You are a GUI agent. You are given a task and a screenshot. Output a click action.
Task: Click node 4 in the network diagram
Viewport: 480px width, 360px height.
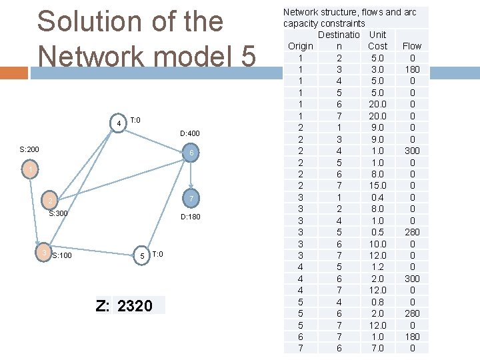tap(118, 123)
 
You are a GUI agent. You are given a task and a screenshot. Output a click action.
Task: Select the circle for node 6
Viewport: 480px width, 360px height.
tap(191, 153)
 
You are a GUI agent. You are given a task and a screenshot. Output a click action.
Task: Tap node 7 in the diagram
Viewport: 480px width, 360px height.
tap(191, 199)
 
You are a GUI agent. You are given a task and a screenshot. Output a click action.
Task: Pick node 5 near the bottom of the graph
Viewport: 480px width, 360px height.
tap(141, 256)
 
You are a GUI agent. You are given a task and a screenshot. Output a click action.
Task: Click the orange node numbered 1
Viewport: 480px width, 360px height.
tap(30, 171)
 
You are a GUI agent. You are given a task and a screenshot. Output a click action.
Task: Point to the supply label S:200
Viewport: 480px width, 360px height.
tap(29, 149)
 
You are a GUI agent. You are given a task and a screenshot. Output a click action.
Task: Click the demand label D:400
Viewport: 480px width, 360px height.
tap(190, 134)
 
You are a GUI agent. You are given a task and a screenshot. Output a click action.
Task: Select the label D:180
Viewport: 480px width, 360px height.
tap(190, 217)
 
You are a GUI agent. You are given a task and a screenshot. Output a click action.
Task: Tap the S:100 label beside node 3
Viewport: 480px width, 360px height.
tap(62, 255)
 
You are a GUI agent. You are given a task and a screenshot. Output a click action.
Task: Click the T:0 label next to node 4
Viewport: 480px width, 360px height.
tap(135, 120)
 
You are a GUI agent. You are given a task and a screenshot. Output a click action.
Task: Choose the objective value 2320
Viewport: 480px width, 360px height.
tap(135, 306)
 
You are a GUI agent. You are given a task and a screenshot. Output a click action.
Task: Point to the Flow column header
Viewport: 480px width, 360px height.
tap(412, 46)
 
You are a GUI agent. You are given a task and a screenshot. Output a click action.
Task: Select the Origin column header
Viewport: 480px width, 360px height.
tap(301, 46)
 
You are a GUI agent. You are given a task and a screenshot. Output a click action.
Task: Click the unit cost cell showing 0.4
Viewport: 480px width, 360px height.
tap(378, 197)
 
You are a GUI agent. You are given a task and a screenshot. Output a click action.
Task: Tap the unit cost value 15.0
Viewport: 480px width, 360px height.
tap(378, 185)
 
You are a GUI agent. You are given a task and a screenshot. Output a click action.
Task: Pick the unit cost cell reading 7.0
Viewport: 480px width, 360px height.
tap(378, 348)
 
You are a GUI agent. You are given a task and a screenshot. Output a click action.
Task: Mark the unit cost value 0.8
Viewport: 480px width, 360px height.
tap(378, 301)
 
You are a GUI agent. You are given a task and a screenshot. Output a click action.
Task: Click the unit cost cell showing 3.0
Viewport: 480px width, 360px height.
tap(378, 69)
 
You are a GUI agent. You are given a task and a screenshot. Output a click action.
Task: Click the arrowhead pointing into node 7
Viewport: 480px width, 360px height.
tap(192, 189)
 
